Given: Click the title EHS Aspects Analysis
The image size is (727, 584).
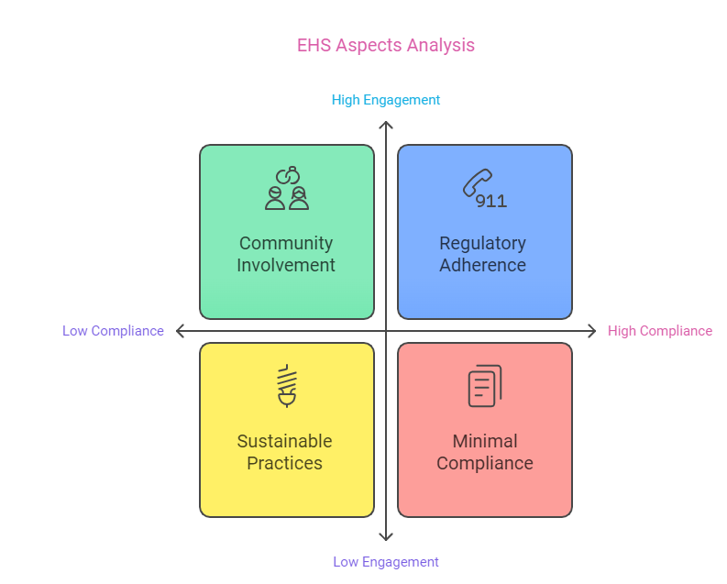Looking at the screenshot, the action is point(386,46).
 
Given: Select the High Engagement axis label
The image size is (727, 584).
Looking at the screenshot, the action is point(386,100).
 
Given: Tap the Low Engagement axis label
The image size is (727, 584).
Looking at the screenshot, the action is point(386,562).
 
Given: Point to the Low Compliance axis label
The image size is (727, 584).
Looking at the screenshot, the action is point(113,331).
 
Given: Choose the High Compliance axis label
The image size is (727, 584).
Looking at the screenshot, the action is point(660,331).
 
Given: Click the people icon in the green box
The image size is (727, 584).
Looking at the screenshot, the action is point(287,188).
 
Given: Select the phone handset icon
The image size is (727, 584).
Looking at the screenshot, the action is point(477,182).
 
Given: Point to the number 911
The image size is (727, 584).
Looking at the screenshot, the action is point(491,201).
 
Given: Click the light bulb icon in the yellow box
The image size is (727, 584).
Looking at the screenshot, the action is point(287,386).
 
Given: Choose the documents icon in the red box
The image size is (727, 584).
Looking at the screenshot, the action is point(485,386).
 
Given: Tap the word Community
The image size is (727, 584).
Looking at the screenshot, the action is point(286,243).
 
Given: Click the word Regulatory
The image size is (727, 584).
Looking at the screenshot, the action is point(482,243).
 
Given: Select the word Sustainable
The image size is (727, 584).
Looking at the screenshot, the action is point(285,441).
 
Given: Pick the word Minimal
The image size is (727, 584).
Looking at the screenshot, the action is point(485,441).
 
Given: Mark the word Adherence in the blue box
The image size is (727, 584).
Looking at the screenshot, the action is point(482,265).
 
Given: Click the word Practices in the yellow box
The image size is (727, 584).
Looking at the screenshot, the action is point(285,463).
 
